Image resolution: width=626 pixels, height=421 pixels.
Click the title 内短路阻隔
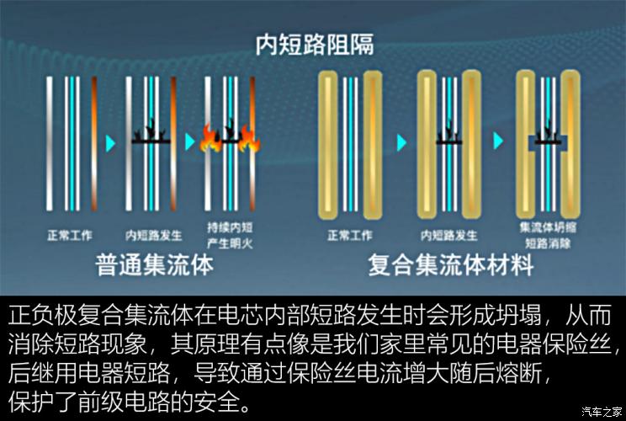(315, 45)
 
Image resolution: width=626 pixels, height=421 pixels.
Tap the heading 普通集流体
(155, 265)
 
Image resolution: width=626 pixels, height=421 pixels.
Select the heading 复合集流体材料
(451, 265)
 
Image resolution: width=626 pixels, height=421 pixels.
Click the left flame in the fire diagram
(210, 138)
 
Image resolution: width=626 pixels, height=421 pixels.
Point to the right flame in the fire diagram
(249, 139)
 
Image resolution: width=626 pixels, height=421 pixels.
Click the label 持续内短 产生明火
(230, 235)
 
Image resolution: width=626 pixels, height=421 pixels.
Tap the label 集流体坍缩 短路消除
(548, 235)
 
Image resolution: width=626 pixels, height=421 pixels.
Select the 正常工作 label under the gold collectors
(350, 235)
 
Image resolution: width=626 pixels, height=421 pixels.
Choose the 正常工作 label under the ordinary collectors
(70, 235)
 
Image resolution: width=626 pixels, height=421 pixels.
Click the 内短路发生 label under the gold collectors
(449, 235)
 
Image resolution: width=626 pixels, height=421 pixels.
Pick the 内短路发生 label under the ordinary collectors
(154, 235)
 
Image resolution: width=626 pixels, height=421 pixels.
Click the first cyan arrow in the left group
(110, 143)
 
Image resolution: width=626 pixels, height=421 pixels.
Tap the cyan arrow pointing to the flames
(190, 141)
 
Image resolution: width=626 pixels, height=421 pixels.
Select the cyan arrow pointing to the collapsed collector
(498, 141)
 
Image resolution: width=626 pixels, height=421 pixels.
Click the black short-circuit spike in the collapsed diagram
(548, 134)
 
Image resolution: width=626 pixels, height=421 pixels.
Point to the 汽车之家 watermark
(602, 411)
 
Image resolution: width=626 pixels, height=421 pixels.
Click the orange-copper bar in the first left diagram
(94, 144)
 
